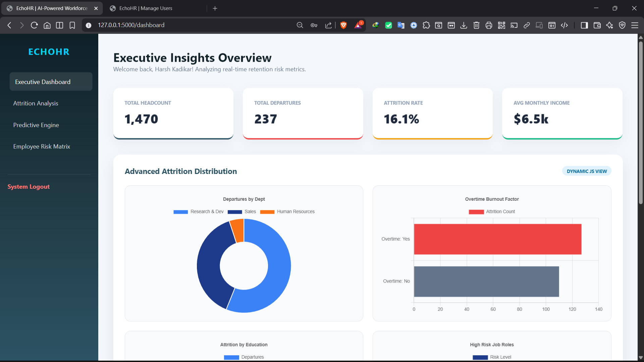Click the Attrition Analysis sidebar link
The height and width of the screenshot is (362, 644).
pos(36,103)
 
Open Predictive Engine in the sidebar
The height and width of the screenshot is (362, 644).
pos(36,125)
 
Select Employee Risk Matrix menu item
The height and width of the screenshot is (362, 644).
pos(42,146)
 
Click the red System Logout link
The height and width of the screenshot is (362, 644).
pos(29,187)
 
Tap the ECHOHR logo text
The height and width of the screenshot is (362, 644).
pos(49,52)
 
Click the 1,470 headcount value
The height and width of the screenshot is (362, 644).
pos(141,119)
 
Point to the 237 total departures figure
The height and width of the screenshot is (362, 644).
pos(265,119)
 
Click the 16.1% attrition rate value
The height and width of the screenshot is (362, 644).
pos(401,119)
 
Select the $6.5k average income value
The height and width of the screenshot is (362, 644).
pos(531,119)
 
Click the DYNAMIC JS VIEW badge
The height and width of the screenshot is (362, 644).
pos(587,171)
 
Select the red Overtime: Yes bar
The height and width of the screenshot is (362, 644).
pos(497,239)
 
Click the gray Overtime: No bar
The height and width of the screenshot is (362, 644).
pos(486,281)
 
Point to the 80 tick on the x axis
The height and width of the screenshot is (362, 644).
pos(519,309)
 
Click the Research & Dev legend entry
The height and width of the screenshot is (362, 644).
pos(199,212)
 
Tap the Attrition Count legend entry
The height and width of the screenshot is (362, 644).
pos(492,212)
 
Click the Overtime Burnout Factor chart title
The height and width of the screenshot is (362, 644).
pos(492,199)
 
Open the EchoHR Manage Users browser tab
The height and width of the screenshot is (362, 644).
pos(146,8)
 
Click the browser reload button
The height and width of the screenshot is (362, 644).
pos(34,25)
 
